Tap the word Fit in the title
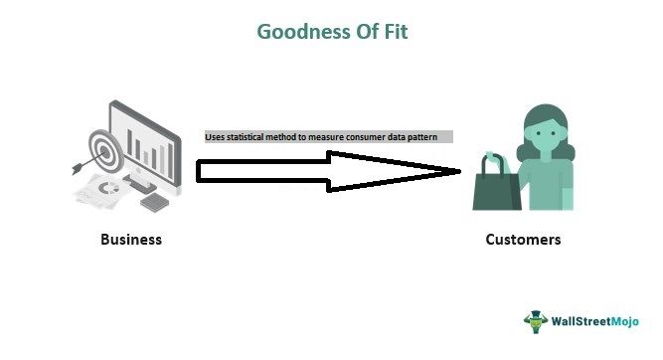point(392,31)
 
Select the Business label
point(130,240)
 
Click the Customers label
point(523,240)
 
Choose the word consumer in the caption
point(365,137)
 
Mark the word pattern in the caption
point(433,137)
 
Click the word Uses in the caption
point(215,137)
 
